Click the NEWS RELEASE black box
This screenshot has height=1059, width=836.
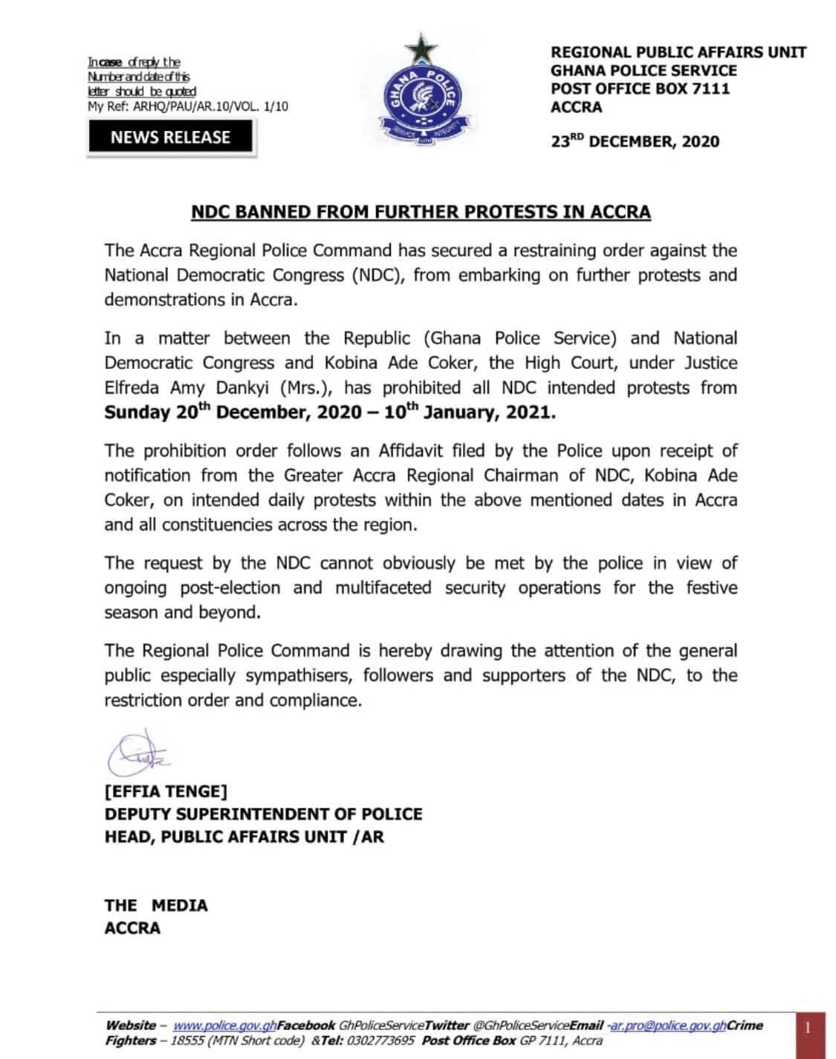pos(171,137)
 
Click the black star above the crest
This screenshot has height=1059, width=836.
pos(421,51)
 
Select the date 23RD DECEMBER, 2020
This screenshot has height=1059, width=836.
pos(635,141)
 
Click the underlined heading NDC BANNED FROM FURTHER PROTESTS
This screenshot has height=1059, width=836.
pos(421,212)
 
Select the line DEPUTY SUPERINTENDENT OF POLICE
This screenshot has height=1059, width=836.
pos(263,814)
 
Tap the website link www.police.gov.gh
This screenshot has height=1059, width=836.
pos(224,1026)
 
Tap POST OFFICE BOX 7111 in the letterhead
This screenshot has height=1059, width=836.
pos(640,88)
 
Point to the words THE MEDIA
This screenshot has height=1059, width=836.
pos(156,905)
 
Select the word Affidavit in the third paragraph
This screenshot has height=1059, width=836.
pos(418,451)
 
